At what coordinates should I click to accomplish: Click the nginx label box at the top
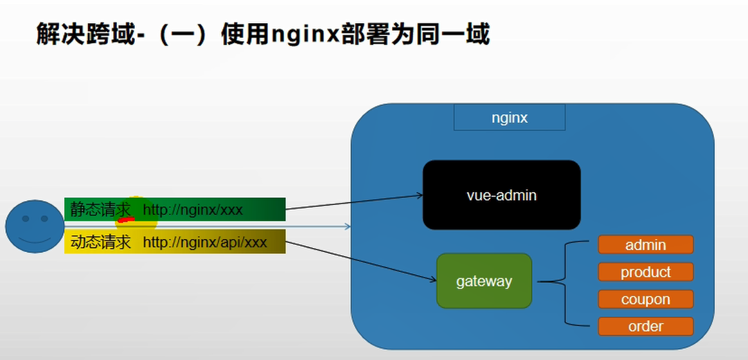509,118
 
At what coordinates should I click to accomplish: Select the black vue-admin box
501,195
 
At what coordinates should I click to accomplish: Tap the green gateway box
484,281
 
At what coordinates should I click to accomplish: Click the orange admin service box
645,245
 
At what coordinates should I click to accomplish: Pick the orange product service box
645,272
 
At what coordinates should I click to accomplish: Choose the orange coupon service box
645,300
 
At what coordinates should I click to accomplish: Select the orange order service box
645,327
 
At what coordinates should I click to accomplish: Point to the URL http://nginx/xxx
193,210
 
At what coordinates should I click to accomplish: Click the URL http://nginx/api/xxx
204,242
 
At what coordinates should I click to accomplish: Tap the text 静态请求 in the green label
100,210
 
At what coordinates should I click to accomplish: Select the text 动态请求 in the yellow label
100,242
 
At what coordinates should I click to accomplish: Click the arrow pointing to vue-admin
353,202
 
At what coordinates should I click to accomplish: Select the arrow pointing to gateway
360,260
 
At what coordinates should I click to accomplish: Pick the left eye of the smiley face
26,219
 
